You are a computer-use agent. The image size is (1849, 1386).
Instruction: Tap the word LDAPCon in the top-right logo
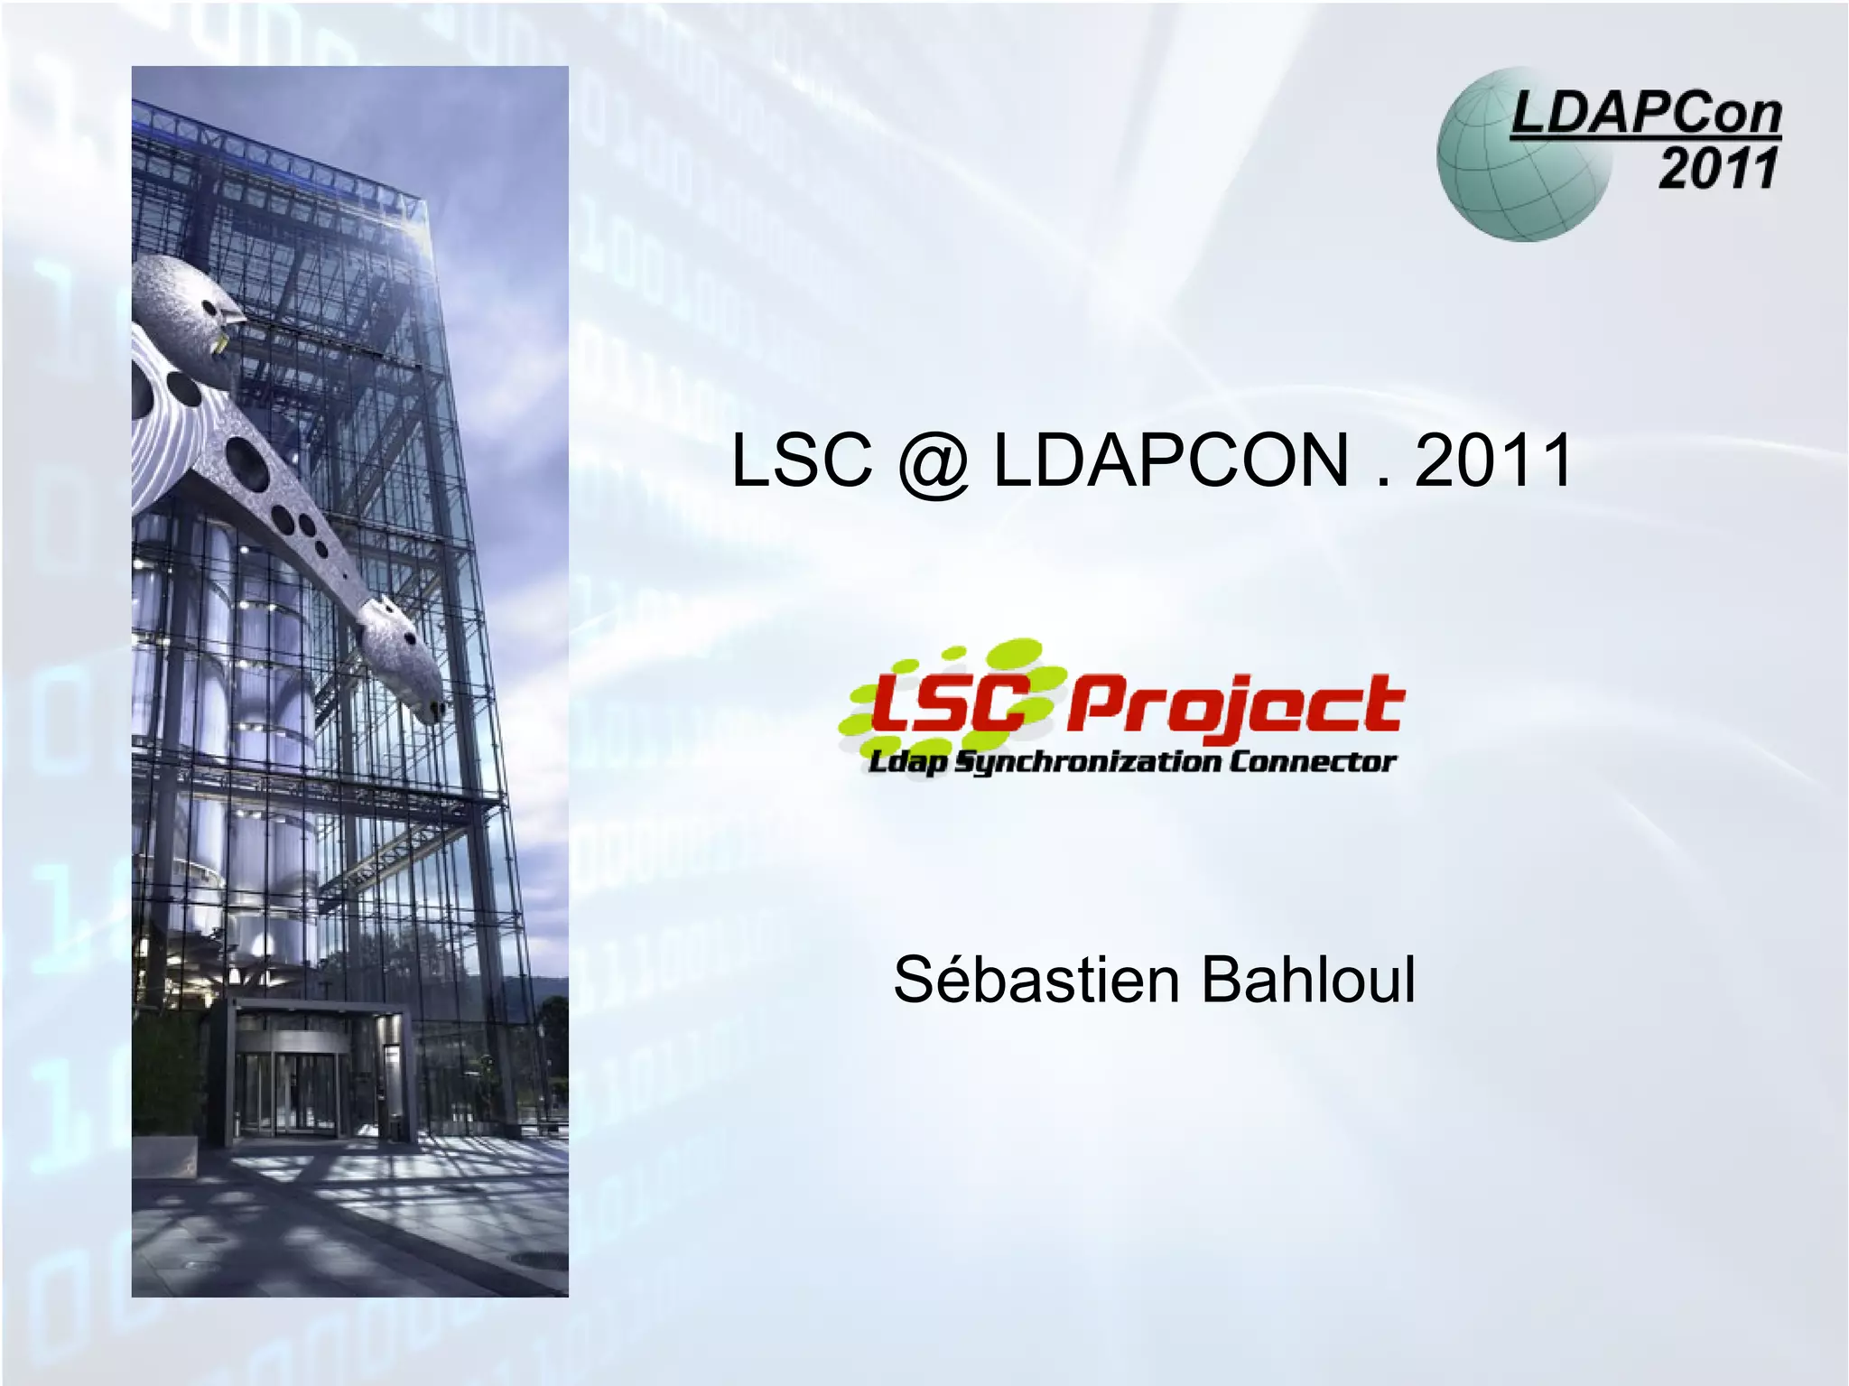(1646, 115)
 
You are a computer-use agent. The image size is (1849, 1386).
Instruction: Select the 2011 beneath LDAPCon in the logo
(1718, 169)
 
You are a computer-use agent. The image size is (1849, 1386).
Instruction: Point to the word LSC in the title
(802, 460)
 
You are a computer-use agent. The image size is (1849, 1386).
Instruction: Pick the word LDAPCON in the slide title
(1171, 460)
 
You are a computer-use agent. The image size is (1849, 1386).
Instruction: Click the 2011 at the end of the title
(1493, 460)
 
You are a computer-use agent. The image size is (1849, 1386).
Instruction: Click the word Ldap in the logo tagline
(907, 764)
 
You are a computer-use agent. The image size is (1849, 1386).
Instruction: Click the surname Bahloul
(1308, 981)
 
